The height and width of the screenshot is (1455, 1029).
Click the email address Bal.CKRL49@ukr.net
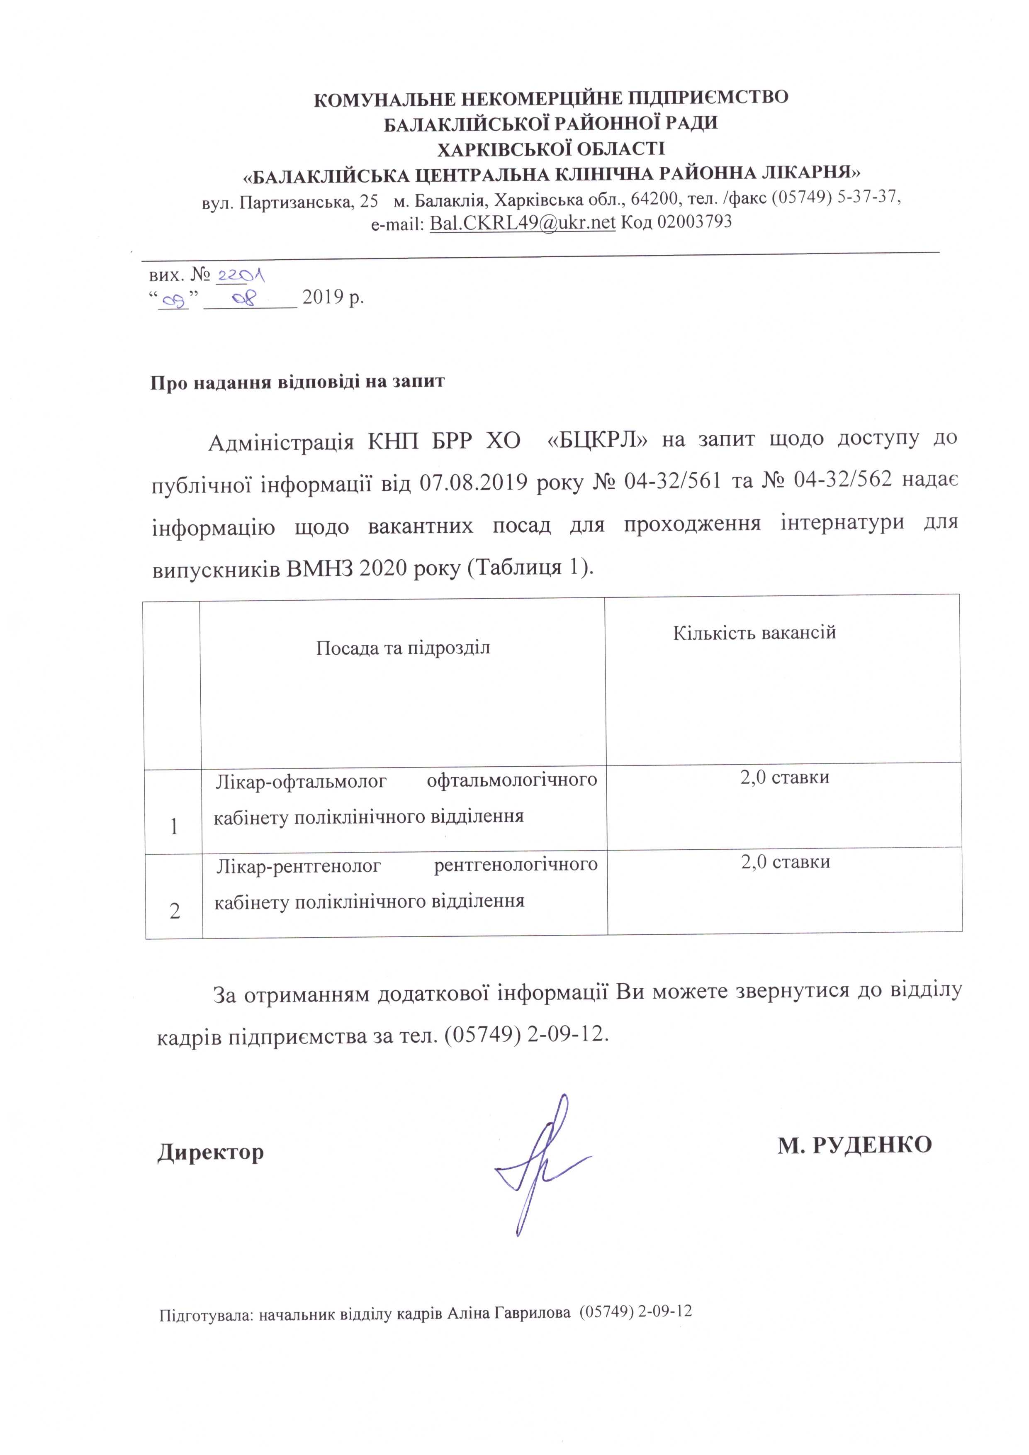[x=522, y=222]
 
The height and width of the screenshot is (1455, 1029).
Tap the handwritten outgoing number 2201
[x=241, y=275]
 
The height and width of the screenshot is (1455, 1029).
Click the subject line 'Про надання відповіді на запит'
[x=297, y=382]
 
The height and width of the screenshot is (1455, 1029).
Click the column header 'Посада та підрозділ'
[x=403, y=648]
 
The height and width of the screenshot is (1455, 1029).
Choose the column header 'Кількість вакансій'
[x=754, y=632]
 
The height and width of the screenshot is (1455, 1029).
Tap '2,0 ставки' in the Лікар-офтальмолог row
[x=784, y=777]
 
